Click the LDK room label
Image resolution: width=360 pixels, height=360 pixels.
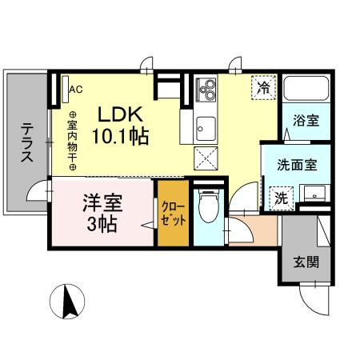(x=120, y=114)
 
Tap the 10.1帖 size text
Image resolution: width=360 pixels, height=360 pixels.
(x=120, y=136)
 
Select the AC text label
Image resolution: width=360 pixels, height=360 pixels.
(x=76, y=90)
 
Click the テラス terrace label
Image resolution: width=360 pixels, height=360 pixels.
(x=27, y=142)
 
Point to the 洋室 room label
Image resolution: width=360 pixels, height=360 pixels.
(x=102, y=202)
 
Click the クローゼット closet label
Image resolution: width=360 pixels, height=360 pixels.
(x=174, y=214)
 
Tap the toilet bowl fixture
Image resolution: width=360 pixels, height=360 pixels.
(x=209, y=206)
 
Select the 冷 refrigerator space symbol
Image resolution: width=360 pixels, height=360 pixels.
(x=263, y=88)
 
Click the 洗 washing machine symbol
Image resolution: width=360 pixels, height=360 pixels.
(x=281, y=198)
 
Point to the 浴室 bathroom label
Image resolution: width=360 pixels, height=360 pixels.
(x=306, y=121)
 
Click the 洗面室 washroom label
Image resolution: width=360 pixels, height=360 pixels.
(x=297, y=165)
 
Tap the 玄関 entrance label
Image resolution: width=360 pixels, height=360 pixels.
(x=306, y=262)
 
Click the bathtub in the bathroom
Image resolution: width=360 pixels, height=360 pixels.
(x=306, y=89)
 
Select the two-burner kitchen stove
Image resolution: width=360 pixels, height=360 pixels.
(x=206, y=90)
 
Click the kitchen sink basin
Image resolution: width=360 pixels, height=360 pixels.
(x=206, y=129)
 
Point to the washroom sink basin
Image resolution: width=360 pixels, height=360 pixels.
(x=314, y=193)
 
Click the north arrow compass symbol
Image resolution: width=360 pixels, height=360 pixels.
(x=67, y=302)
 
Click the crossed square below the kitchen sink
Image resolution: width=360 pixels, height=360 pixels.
(x=206, y=158)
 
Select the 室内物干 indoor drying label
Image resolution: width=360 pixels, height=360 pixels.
(x=72, y=141)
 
